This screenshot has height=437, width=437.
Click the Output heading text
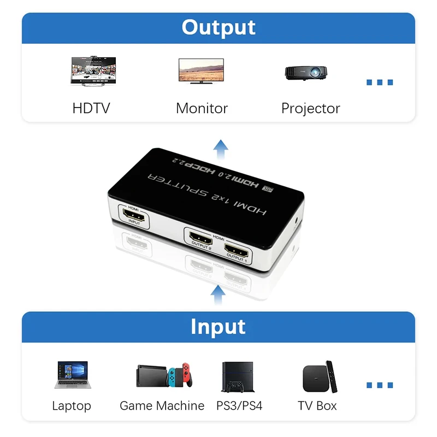(x=218, y=27)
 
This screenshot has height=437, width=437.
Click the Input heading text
(x=218, y=327)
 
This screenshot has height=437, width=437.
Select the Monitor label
(x=202, y=108)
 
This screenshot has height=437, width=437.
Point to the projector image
(x=306, y=72)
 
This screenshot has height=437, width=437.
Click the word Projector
(x=310, y=108)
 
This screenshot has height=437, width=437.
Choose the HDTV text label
(x=91, y=108)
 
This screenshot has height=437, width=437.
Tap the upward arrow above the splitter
(x=221, y=148)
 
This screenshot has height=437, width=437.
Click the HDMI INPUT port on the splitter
(x=134, y=219)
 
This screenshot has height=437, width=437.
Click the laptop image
(x=72, y=375)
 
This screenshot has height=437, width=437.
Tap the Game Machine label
(x=162, y=406)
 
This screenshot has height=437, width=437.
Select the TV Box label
(x=317, y=406)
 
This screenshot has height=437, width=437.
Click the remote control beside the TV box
(x=331, y=375)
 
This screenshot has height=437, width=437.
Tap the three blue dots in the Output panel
(x=379, y=82)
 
